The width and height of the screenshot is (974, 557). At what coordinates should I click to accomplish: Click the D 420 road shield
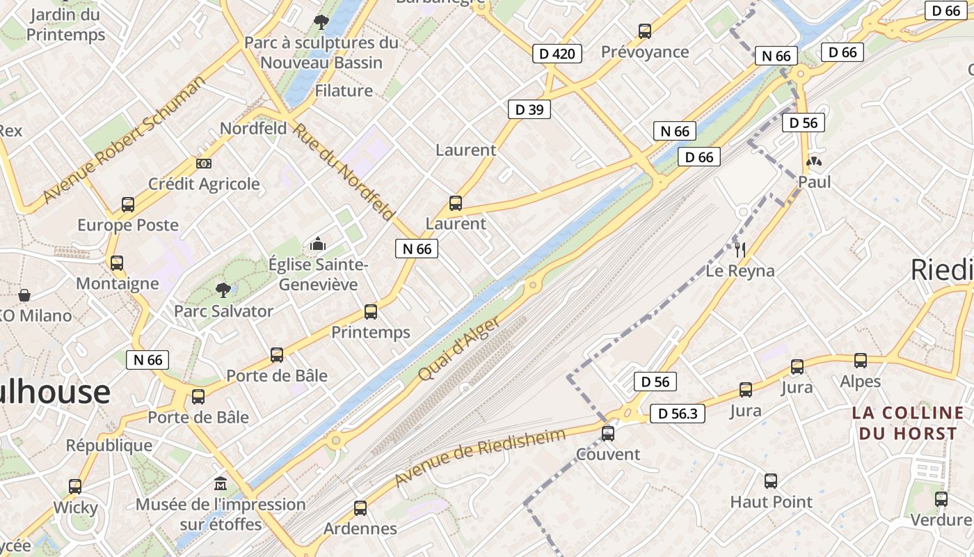557,53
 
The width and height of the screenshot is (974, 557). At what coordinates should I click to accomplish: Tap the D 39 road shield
529,109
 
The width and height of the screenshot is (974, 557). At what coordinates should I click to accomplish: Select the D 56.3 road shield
677,414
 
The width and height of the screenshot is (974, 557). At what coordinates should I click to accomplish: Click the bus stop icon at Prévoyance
645,31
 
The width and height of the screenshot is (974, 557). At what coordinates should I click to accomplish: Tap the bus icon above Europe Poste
128,204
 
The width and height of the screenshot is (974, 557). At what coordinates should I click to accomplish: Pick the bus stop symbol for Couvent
608,433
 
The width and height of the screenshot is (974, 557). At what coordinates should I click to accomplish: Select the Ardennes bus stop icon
360,508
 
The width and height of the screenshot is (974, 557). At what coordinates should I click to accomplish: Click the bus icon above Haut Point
771,480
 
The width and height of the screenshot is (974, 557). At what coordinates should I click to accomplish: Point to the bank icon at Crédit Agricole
204,163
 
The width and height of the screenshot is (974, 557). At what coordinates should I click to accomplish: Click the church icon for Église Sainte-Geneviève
318,244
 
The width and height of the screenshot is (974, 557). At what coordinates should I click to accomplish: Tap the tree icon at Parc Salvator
223,290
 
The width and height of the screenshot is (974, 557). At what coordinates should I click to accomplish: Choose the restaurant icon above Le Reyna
740,249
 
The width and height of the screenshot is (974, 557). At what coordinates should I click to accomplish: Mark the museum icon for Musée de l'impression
221,483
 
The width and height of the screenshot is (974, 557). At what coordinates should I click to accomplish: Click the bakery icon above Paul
813,162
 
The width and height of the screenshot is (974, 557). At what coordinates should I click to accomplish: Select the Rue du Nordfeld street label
344,171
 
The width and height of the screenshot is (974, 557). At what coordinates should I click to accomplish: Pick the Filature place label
344,91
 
